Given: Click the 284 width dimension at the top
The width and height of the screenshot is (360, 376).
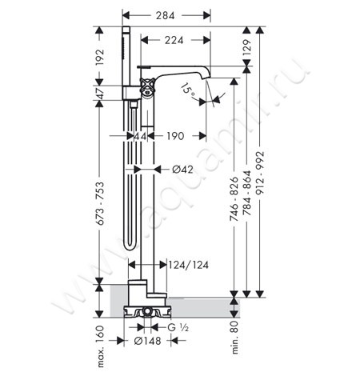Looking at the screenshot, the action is tap(166, 15).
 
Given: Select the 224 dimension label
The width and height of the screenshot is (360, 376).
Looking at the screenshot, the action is tap(174, 40).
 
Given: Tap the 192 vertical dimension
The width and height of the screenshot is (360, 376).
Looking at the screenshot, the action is tap(99, 57).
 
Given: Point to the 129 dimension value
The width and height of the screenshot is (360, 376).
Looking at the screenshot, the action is tap(247, 47).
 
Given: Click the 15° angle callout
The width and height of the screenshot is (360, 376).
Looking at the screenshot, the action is tap(188, 90).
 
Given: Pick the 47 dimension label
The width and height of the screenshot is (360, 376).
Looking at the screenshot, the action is tap(100, 93).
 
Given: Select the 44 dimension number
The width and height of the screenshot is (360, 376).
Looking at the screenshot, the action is tap(140, 136).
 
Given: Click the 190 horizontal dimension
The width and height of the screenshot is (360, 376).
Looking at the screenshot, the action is tap(175, 136).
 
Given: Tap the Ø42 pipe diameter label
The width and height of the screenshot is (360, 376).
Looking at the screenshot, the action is tap(182, 169).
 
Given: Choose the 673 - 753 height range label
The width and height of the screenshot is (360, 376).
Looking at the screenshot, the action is tap(100, 204).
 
